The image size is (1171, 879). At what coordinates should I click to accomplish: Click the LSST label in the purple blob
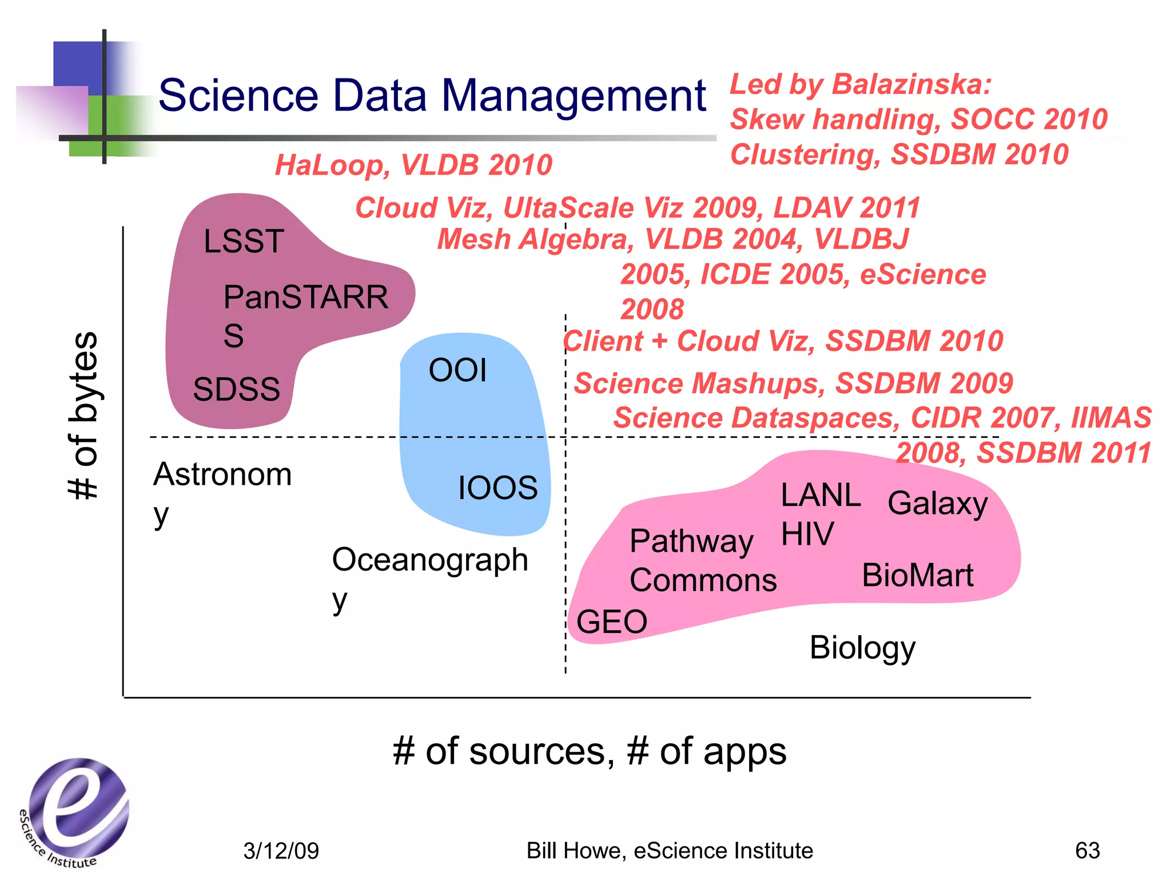(244, 241)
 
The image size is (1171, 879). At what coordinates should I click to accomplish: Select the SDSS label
(236, 389)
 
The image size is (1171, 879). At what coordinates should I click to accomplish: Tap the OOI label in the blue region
(457, 370)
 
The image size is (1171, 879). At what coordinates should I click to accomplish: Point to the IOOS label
(497, 488)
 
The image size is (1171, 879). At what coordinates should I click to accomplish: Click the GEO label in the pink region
(611, 621)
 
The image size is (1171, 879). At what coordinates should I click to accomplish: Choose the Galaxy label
(938, 504)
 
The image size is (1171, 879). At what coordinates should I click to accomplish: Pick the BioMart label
(917, 575)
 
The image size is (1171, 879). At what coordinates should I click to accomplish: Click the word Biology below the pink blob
(862, 648)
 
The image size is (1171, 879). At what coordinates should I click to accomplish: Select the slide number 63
(1087, 850)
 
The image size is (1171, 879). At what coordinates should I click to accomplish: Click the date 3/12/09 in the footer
(281, 851)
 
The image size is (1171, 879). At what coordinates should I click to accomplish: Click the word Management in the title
(573, 95)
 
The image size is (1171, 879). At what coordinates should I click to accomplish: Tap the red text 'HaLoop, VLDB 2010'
(413, 165)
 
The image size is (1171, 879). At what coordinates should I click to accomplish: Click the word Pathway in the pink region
(691, 541)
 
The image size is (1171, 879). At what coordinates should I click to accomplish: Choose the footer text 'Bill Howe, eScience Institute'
(670, 851)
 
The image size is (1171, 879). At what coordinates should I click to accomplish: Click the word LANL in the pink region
(821, 495)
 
